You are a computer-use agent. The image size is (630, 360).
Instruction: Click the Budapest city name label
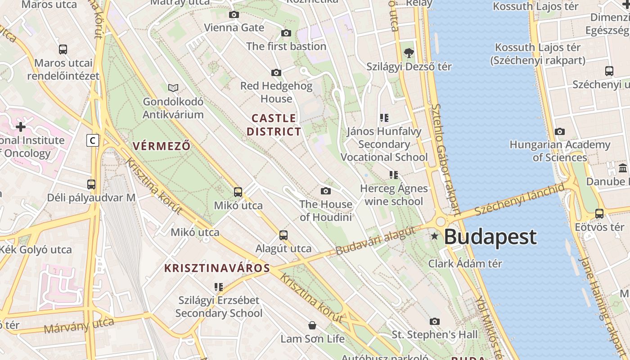(490, 237)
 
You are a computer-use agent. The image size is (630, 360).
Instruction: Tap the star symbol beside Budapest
(435, 236)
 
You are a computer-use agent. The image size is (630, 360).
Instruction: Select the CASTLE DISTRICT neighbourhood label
(274, 125)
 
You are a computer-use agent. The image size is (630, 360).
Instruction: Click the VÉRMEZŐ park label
(162, 146)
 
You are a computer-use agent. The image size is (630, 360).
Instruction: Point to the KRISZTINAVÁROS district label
(217, 269)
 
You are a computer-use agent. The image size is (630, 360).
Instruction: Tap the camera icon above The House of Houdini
(326, 191)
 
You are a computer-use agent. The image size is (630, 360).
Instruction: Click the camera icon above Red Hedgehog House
(276, 72)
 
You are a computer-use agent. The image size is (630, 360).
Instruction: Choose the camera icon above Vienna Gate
(234, 15)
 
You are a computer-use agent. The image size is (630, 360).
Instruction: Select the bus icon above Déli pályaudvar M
(91, 184)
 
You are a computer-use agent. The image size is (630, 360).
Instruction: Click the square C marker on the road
(93, 140)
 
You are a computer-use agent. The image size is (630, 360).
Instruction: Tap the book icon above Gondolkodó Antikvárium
(173, 88)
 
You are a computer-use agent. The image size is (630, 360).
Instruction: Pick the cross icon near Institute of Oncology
(21, 127)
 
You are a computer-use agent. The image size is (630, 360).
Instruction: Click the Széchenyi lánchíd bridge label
(519, 199)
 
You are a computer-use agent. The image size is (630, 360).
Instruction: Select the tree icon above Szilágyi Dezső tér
(409, 53)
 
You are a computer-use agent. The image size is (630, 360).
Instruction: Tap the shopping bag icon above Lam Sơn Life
(312, 325)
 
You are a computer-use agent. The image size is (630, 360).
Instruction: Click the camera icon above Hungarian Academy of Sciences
(560, 131)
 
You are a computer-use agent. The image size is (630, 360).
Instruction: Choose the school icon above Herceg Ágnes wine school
(394, 175)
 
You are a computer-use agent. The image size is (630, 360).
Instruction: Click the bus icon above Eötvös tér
(599, 214)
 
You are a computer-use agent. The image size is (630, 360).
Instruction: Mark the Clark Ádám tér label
(465, 263)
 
